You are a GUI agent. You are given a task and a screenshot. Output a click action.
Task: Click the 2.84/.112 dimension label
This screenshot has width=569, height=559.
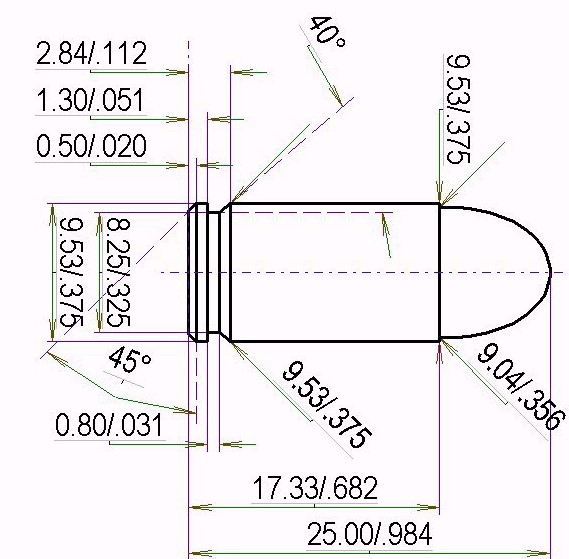coord(91,53)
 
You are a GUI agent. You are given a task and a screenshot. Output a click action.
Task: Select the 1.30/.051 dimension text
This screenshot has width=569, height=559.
coord(90,100)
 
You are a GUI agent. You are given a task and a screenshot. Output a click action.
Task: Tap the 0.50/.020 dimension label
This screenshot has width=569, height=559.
coord(91,146)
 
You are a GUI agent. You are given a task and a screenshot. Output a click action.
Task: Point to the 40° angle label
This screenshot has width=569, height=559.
coord(327,33)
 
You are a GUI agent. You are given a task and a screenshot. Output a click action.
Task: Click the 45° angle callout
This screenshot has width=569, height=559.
coord(129,359)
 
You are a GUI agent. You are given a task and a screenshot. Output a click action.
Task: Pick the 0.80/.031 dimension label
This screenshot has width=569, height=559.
coord(109,425)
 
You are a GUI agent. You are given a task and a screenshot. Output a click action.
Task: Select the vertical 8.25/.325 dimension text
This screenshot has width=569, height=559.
coord(118,272)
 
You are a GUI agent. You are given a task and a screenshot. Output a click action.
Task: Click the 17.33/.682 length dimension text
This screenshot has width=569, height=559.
coord(315,488)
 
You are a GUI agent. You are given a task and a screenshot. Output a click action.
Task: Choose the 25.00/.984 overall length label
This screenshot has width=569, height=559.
coord(369,534)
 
